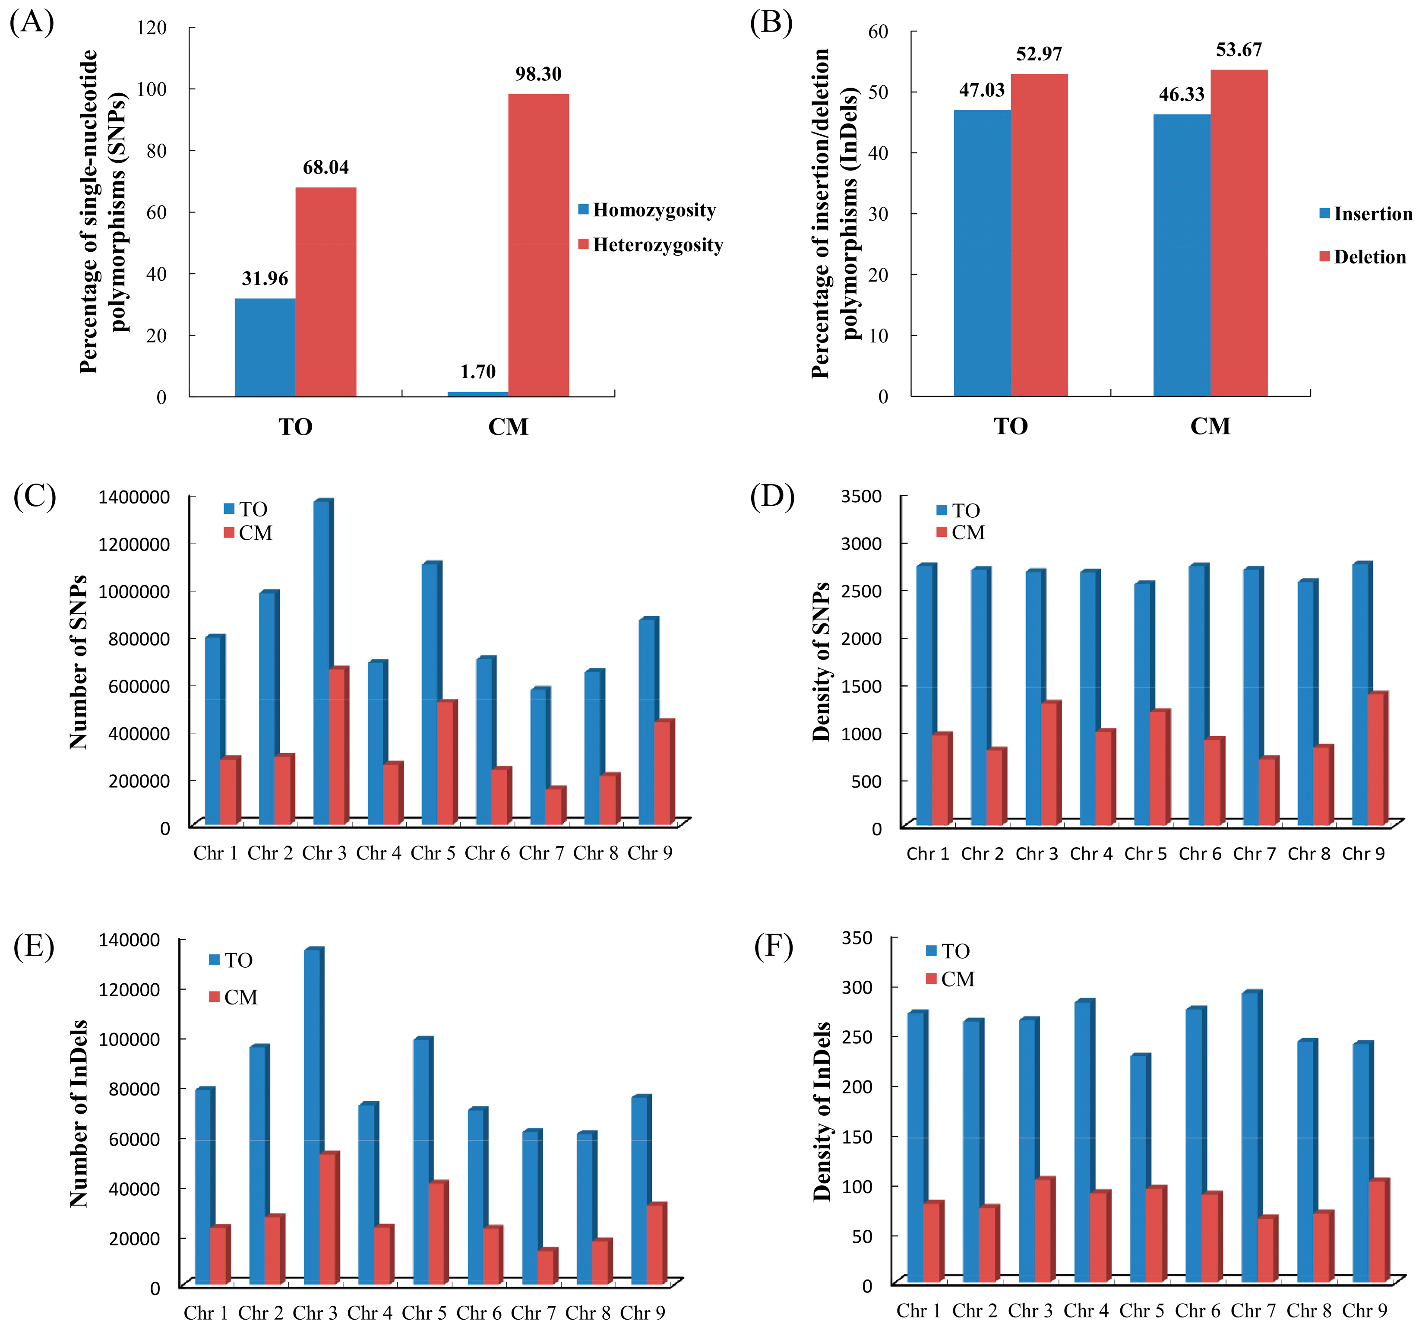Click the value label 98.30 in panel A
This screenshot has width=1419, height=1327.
coord(538,74)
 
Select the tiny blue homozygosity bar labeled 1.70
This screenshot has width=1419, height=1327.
coord(477,393)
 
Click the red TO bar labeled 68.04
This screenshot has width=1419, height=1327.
coord(326,293)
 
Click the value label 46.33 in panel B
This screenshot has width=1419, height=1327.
coord(1181,94)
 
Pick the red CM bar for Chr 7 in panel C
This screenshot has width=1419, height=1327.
coord(554,807)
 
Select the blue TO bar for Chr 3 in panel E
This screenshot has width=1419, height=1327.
coord(312,1117)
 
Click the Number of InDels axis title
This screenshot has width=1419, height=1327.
coord(79,1114)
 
